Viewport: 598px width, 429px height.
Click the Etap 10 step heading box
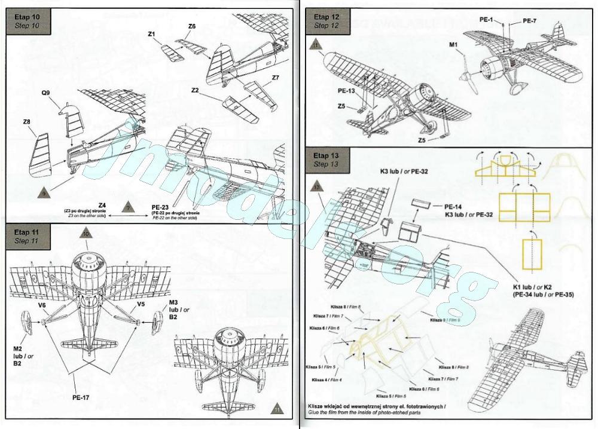[x=28, y=22]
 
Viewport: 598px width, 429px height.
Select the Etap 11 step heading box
[x=28, y=236]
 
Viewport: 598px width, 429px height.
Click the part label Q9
[x=46, y=93]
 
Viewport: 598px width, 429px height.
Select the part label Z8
[x=27, y=122]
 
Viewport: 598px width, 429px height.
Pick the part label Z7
[x=275, y=78]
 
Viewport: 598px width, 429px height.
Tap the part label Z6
[x=192, y=26]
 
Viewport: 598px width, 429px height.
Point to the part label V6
[x=42, y=304]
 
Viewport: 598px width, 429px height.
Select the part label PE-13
[x=347, y=91]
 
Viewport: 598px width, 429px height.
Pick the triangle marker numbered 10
[x=86, y=235]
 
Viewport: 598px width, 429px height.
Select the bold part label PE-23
[x=162, y=206]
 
